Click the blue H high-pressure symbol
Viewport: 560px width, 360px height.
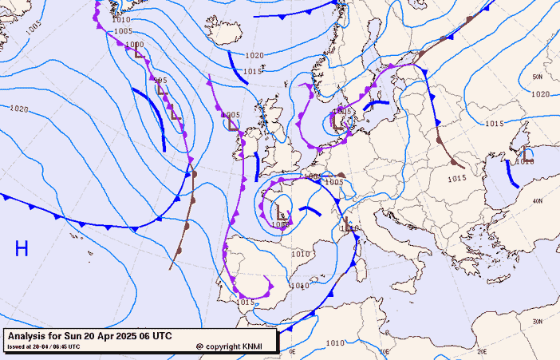[x=22, y=248]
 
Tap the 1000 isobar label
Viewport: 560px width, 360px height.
[x=134, y=45]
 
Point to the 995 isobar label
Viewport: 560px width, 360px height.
[x=160, y=81]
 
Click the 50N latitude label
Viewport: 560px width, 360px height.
[x=537, y=77]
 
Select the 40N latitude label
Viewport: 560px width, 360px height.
[x=538, y=200]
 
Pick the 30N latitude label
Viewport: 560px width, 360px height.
[x=537, y=322]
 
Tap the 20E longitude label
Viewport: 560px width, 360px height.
[x=481, y=350]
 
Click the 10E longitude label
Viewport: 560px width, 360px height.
[x=384, y=350]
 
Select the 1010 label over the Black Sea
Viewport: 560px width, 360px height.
[x=524, y=161]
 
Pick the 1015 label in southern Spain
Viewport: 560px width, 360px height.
[x=245, y=302]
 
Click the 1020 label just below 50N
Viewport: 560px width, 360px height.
[x=540, y=94]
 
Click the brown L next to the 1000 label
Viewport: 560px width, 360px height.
[x=140, y=54]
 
